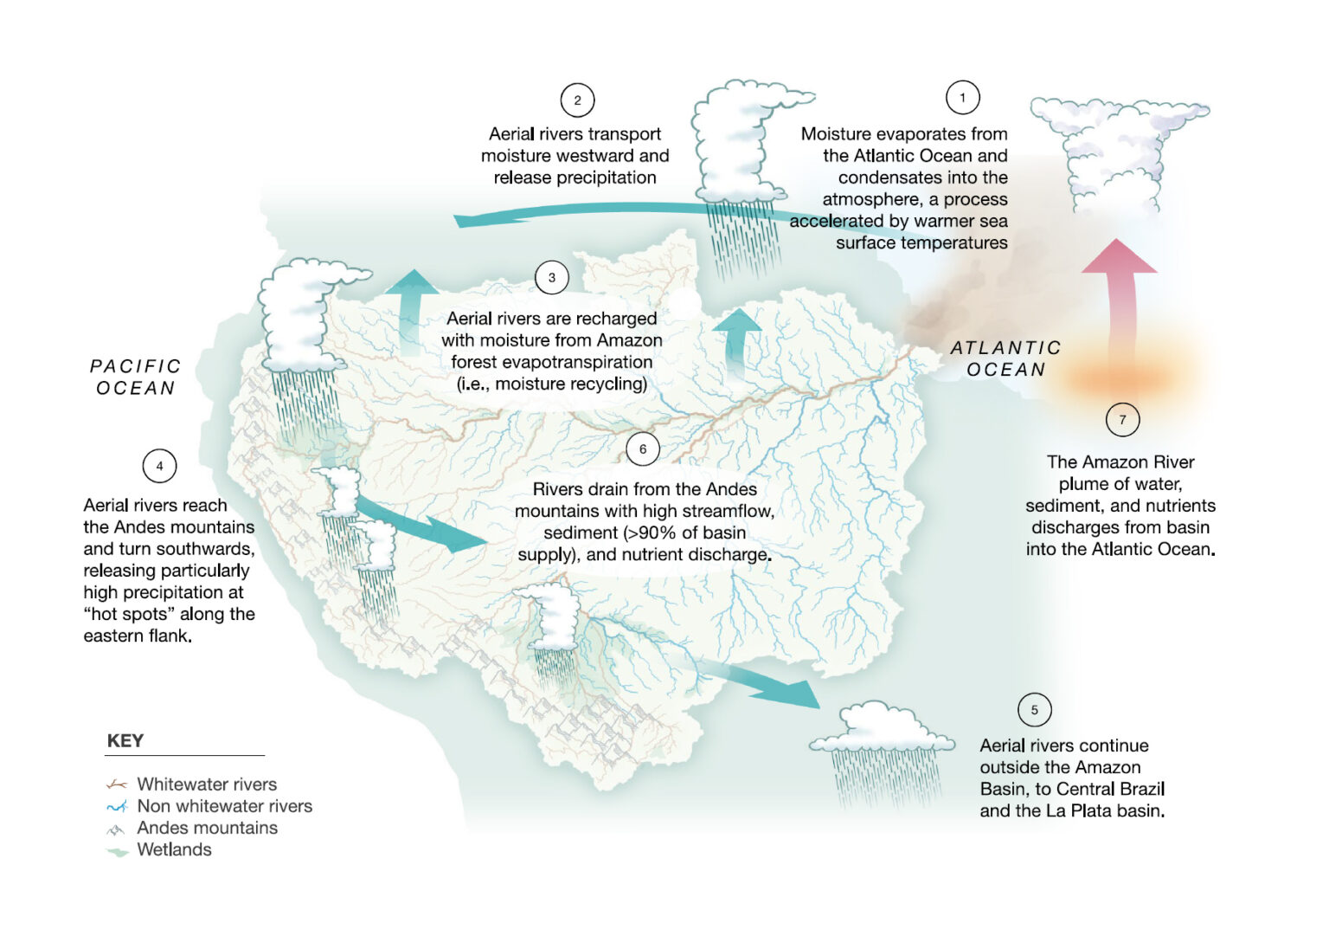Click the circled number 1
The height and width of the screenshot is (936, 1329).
(x=962, y=98)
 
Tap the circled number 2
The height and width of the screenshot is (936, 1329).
(x=577, y=100)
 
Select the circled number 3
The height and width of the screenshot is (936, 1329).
(x=551, y=278)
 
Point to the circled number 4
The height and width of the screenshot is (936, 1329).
(x=159, y=466)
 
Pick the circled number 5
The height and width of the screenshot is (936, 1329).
(x=1034, y=710)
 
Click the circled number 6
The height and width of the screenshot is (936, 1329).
(x=642, y=449)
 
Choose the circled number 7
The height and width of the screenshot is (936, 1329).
(x=1122, y=420)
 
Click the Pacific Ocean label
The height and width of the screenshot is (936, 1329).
(x=136, y=377)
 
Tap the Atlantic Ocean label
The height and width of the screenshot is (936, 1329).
(x=1005, y=358)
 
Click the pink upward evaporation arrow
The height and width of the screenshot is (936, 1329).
(x=1119, y=294)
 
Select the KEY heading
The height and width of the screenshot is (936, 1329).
(x=125, y=741)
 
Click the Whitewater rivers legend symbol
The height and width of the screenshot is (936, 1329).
(x=116, y=784)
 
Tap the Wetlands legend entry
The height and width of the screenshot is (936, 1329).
(x=174, y=849)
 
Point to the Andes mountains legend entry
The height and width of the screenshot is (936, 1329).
(x=207, y=828)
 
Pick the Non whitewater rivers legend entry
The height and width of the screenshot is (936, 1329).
(x=224, y=806)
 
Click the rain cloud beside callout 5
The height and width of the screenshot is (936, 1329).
(x=883, y=745)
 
